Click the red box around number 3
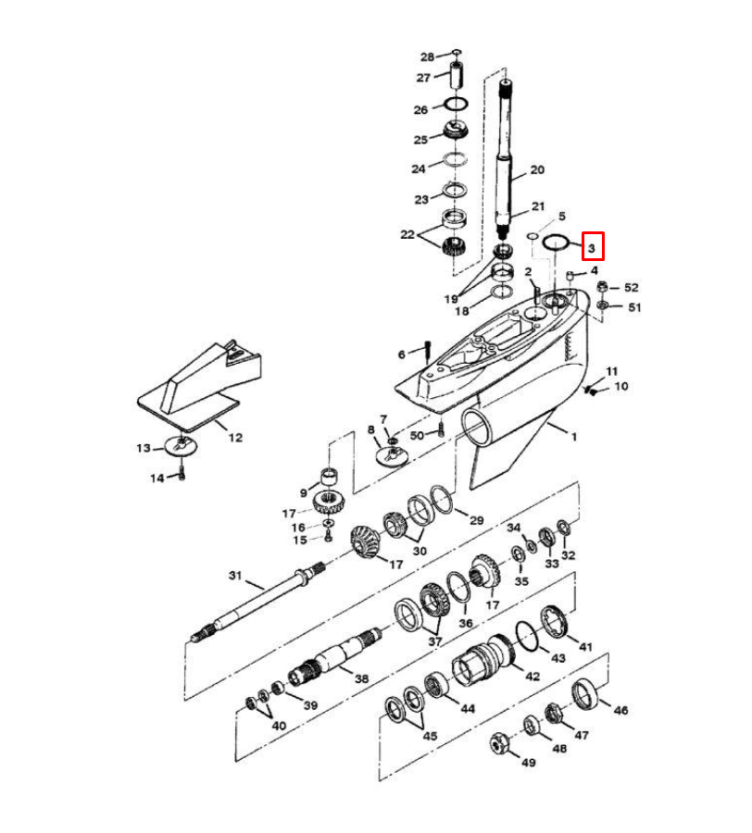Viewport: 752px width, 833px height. click(x=593, y=246)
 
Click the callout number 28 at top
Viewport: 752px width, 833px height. click(x=427, y=56)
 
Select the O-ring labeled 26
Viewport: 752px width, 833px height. click(x=456, y=104)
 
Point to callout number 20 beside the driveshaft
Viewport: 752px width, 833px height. click(x=537, y=169)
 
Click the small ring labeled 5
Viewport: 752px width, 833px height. click(x=532, y=235)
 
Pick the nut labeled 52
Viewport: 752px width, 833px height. click(x=602, y=287)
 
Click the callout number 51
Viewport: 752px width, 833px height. click(x=634, y=307)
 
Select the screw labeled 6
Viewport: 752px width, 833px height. click(x=427, y=352)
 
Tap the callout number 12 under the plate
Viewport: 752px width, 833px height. click(x=235, y=437)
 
